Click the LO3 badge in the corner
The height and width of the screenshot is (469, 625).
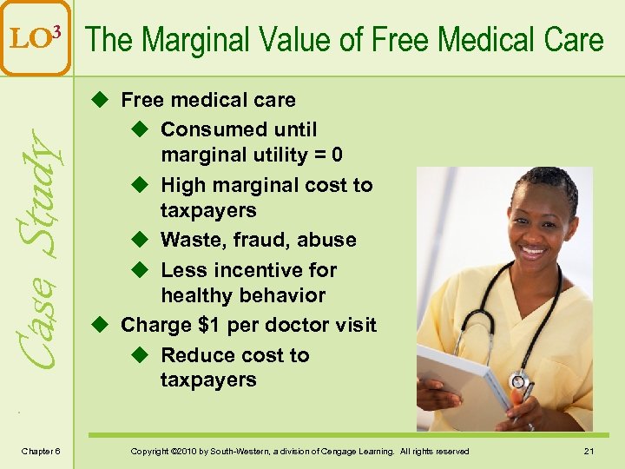tap(35, 37)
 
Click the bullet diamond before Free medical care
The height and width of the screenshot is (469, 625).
tap(100, 101)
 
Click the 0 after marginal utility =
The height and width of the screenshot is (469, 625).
tap(337, 155)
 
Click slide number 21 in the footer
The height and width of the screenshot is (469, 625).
tap(588, 451)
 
